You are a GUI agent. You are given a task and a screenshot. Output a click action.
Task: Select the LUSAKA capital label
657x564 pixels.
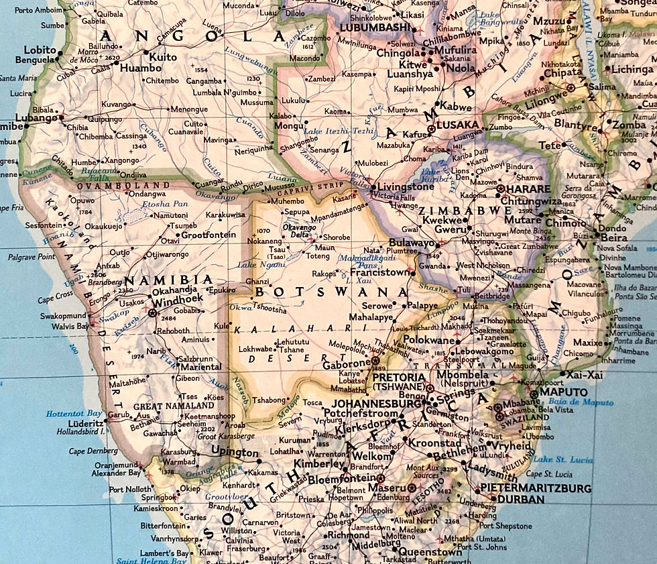click(457, 125)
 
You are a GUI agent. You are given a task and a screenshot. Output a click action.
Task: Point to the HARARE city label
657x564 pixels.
click(528, 189)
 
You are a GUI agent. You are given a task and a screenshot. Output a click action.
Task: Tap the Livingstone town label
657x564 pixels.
click(406, 186)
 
